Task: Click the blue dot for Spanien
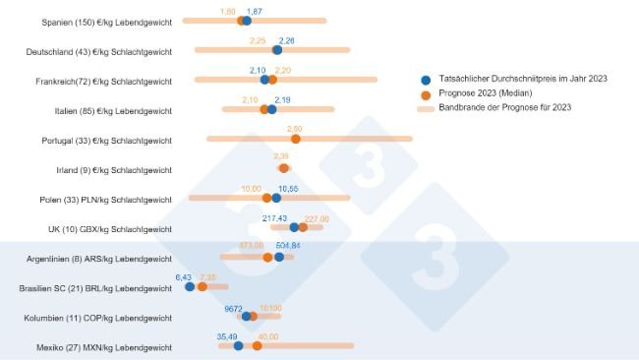[x=246, y=21]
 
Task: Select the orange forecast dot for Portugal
[x=295, y=139]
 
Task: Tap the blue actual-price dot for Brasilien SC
[x=190, y=287]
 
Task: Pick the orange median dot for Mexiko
[x=258, y=346]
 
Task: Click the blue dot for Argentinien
[x=279, y=257]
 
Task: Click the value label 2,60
[x=295, y=128]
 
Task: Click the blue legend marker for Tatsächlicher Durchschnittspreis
[x=425, y=80]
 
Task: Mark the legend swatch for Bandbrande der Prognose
[x=425, y=108]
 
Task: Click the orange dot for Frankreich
[x=272, y=80]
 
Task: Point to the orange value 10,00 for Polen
[x=252, y=187]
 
